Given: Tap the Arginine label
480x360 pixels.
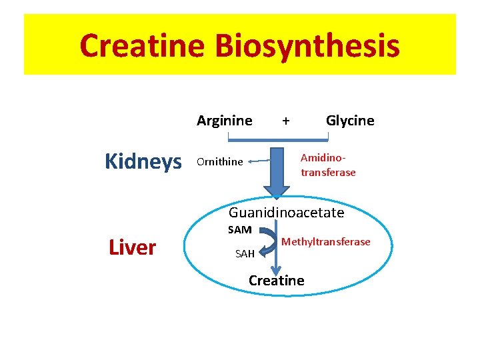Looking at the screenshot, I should click(224, 121).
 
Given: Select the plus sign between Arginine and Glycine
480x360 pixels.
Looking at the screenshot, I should click(286, 121).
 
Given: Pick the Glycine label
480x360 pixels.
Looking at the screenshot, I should click(350, 121).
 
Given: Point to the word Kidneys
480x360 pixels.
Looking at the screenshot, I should click(143, 161).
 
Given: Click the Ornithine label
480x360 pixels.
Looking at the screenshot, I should click(219, 162).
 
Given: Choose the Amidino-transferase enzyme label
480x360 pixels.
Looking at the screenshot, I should click(328, 165).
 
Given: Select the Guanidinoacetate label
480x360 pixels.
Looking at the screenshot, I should click(286, 213).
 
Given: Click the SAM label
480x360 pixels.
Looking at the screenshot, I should click(239, 230).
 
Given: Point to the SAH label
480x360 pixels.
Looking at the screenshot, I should click(245, 254).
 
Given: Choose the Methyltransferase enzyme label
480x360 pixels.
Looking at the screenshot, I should click(326, 241).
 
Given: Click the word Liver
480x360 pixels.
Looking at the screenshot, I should click(132, 248).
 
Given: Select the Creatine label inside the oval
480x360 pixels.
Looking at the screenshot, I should click(276, 281).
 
